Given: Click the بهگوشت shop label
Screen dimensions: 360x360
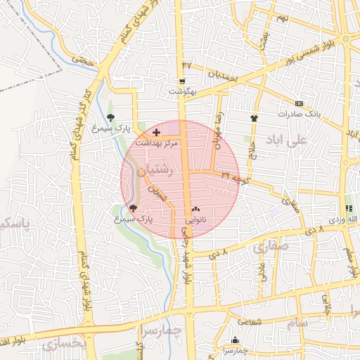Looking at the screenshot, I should pyautogui.click(x=184, y=92).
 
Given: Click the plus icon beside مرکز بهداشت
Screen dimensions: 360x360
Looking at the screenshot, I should pyautogui.click(x=156, y=132).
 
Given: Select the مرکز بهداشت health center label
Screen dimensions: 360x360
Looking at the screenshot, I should pyautogui.click(x=157, y=143).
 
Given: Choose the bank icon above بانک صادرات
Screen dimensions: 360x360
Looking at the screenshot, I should pyautogui.click(x=300, y=103).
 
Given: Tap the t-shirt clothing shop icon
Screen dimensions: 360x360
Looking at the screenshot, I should pyautogui.click(x=255, y=119).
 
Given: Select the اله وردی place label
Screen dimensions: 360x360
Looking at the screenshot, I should pyautogui.click(x=348, y=221).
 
